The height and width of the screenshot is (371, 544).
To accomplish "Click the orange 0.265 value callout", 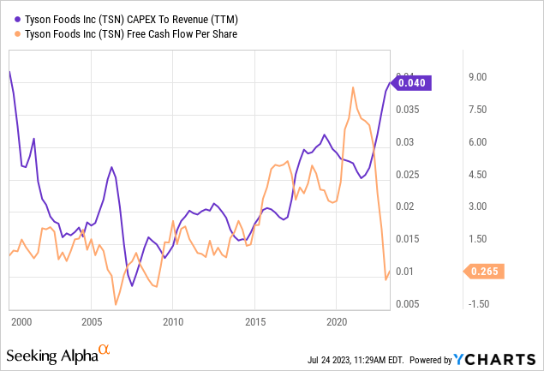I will pos(485,272).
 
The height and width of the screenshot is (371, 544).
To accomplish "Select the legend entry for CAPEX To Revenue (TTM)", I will pos(113,18).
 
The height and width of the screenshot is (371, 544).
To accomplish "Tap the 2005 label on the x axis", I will pos(91,321).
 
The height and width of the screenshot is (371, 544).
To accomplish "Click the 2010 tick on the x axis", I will pos(173,321).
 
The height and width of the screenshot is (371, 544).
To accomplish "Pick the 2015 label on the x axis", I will pos(255,321).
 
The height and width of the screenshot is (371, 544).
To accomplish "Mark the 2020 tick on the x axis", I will pos(338,321).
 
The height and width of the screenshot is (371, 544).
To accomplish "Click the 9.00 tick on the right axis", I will pos(476,77).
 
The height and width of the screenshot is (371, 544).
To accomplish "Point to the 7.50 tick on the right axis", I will pos(476,110).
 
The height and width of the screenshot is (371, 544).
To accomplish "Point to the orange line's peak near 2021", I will pos(353,87).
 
